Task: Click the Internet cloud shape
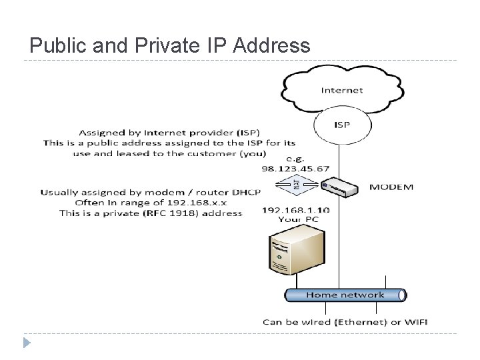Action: pyautogui.click(x=342, y=89)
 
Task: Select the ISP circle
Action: pyautogui.click(x=343, y=125)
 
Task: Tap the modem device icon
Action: pyautogui.click(x=339, y=187)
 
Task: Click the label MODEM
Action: pyautogui.click(x=391, y=187)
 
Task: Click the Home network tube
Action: pyautogui.click(x=345, y=295)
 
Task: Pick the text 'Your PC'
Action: pyautogui.click(x=298, y=219)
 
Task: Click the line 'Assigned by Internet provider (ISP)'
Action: pyautogui.click(x=169, y=132)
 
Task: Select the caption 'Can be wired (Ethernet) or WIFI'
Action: pyautogui.click(x=345, y=322)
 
